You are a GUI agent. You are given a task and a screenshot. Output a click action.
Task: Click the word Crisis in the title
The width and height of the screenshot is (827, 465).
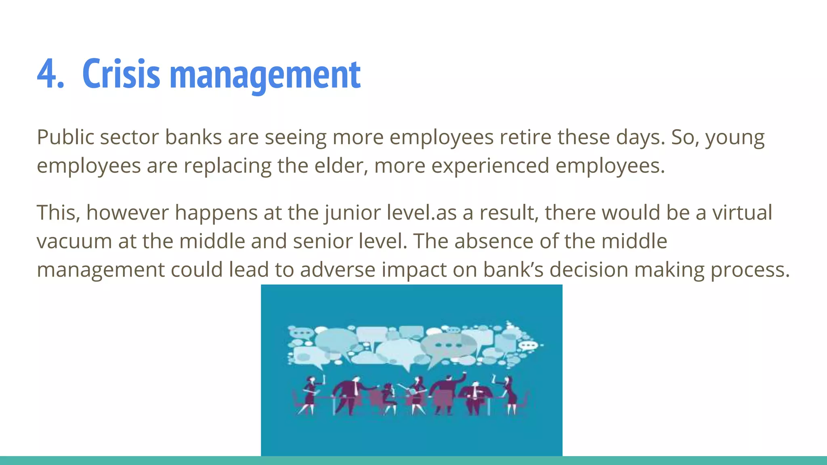pos(121,74)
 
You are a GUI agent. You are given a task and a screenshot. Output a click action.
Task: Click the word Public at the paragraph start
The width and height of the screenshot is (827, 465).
pos(65,137)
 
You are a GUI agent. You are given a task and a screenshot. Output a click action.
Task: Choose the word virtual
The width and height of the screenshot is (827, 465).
pos(742,212)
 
